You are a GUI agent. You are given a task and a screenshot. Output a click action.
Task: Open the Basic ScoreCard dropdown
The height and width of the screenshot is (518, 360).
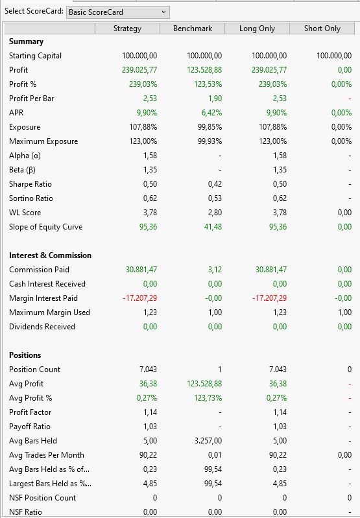(117, 12)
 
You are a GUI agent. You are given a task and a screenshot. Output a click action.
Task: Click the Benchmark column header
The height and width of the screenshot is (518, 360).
(193, 29)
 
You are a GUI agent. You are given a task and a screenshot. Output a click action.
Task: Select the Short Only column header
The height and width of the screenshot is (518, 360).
(322, 29)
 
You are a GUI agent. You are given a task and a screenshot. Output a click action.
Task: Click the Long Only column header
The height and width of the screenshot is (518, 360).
(258, 29)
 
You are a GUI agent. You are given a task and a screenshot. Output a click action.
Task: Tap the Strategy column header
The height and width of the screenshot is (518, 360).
(127, 29)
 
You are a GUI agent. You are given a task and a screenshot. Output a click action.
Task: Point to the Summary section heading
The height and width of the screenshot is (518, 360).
(26, 41)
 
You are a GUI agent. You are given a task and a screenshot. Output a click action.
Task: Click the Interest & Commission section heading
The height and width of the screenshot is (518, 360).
(50, 255)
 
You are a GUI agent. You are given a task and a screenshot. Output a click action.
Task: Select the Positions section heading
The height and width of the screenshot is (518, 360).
(25, 355)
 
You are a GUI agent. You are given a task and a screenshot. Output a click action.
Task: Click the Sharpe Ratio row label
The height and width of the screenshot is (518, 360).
(30, 184)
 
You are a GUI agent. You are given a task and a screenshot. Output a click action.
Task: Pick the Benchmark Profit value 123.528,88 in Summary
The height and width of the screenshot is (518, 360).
(204, 70)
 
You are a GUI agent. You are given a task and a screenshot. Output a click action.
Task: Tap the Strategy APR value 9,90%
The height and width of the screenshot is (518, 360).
(147, 113)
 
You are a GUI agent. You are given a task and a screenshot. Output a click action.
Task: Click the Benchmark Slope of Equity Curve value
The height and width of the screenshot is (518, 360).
(213, 227)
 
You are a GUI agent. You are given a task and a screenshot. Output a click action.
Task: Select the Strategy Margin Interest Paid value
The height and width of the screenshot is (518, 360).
(140, 298)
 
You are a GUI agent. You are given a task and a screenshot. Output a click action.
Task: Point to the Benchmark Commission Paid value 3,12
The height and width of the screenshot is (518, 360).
(215, 270)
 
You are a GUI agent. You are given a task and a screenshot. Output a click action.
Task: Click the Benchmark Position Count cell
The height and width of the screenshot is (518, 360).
(219, 370)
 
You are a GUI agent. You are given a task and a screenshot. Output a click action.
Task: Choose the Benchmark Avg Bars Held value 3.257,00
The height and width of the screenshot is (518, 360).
(208, 441)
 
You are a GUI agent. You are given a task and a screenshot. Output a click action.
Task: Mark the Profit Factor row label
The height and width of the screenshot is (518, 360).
(30, 412)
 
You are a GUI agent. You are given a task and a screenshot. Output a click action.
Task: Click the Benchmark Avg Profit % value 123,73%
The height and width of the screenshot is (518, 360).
(208, 398)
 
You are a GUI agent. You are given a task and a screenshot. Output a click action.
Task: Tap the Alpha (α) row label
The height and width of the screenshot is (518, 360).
(25, 156)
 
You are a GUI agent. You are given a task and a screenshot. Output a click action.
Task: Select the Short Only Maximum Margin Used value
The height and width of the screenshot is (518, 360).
(344, 312)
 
